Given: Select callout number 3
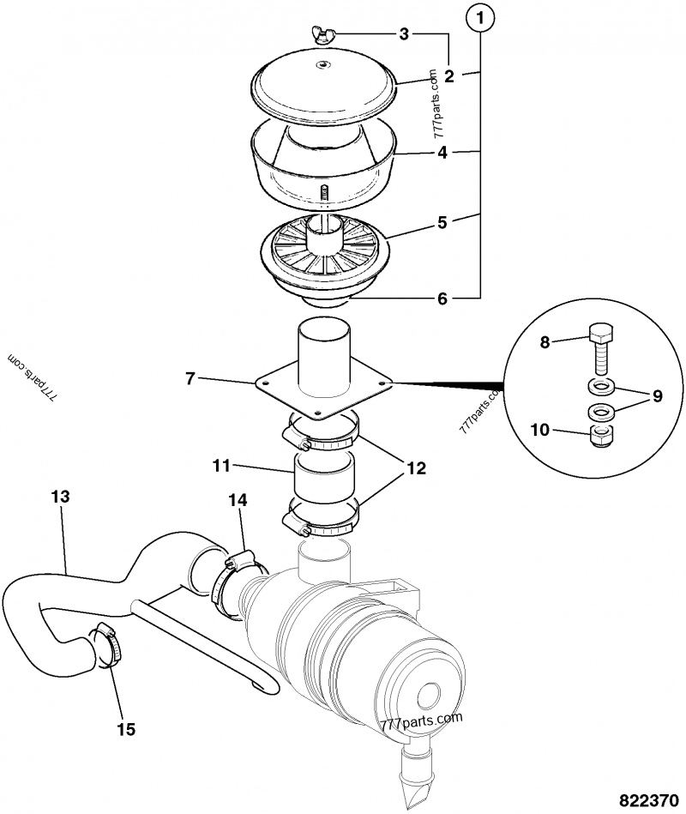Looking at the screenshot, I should (404, 33).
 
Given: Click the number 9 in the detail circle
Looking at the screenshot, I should (658, 396).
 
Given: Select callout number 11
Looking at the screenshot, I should (222, 467).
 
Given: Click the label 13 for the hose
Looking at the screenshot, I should (61, 497).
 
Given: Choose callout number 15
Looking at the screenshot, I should (126, 729).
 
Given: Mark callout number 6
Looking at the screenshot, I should (442, 298).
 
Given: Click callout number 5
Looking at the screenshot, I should (442, 222).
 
